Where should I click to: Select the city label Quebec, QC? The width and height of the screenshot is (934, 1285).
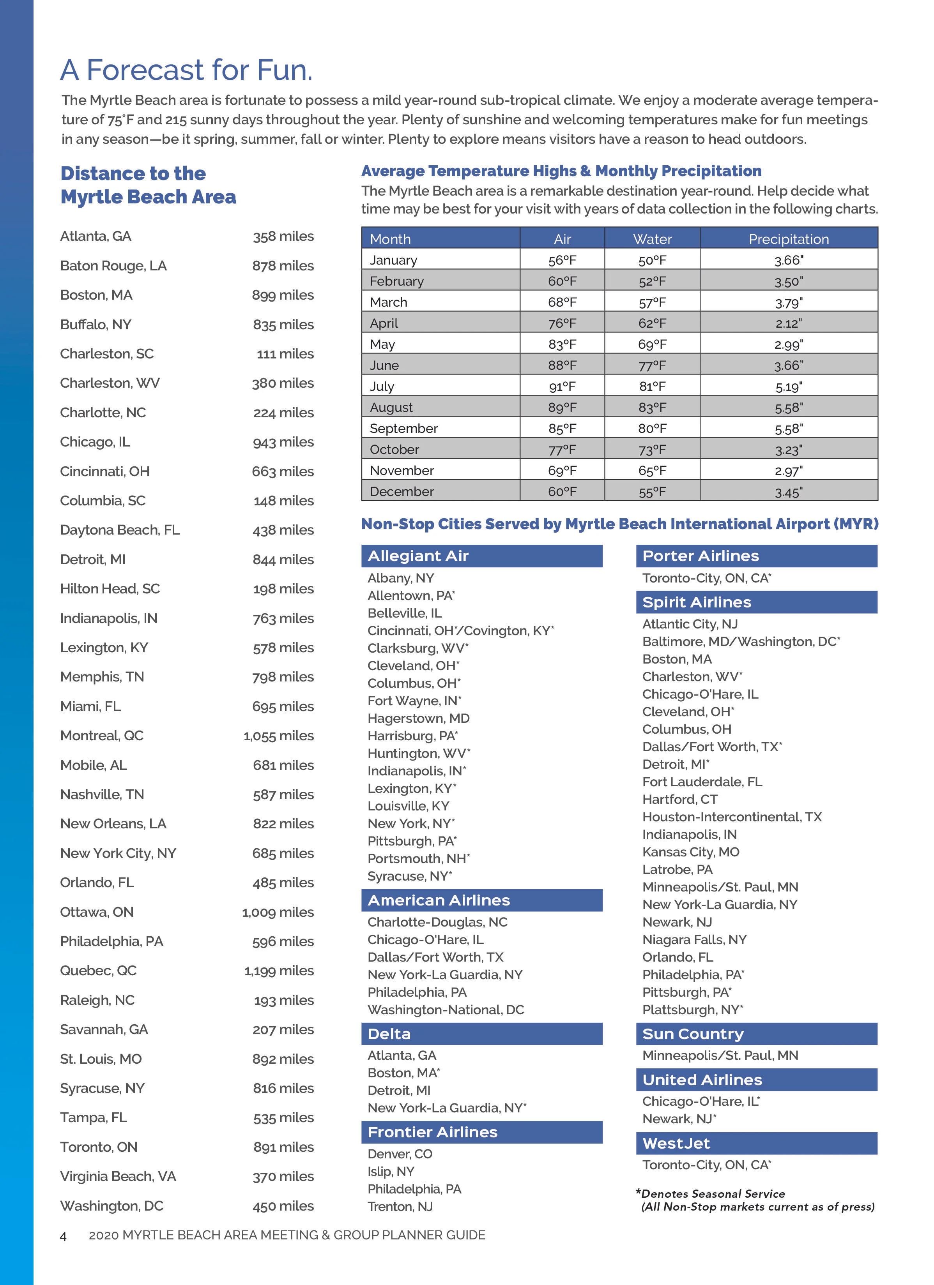(98, 971)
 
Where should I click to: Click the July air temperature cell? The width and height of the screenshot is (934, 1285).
(562, 387)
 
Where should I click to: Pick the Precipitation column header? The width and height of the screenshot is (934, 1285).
(788, 239)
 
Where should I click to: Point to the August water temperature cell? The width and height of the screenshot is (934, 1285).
(652, 408)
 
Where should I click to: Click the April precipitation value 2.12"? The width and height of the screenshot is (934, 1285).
(788, 323)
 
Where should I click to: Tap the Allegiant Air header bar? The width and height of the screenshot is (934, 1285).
(482, 556)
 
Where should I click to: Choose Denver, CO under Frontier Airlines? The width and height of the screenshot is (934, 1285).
(400, 1154)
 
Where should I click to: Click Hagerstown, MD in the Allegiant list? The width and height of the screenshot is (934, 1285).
(418, 718)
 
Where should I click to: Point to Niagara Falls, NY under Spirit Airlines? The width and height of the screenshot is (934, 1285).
(694, 939)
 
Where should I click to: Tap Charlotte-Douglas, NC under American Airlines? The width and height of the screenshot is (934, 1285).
(437, 922)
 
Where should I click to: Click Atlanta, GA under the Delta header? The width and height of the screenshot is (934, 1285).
(402, 1055)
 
